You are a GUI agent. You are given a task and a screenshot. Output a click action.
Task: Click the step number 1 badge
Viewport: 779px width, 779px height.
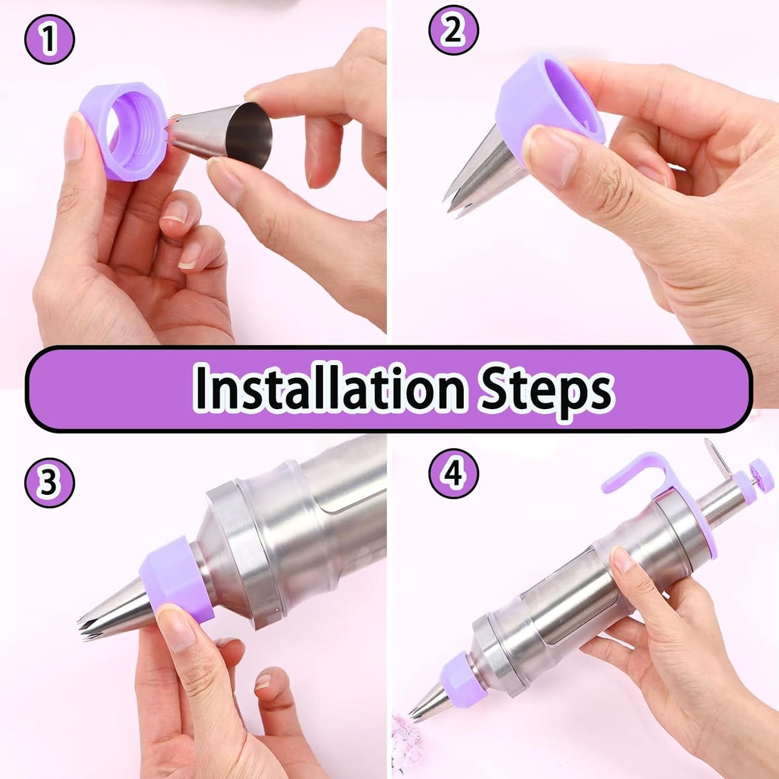coord(50,39)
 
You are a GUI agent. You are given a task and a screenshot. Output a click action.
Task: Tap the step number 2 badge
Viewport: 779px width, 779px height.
coord(453,31)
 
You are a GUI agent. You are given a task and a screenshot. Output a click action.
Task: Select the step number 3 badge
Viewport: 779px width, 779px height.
coord(50,484)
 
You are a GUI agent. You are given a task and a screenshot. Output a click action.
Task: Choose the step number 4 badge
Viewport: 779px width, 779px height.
coord(453,473)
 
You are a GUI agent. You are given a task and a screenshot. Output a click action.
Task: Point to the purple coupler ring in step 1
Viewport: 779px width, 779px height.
coord(122,130)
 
